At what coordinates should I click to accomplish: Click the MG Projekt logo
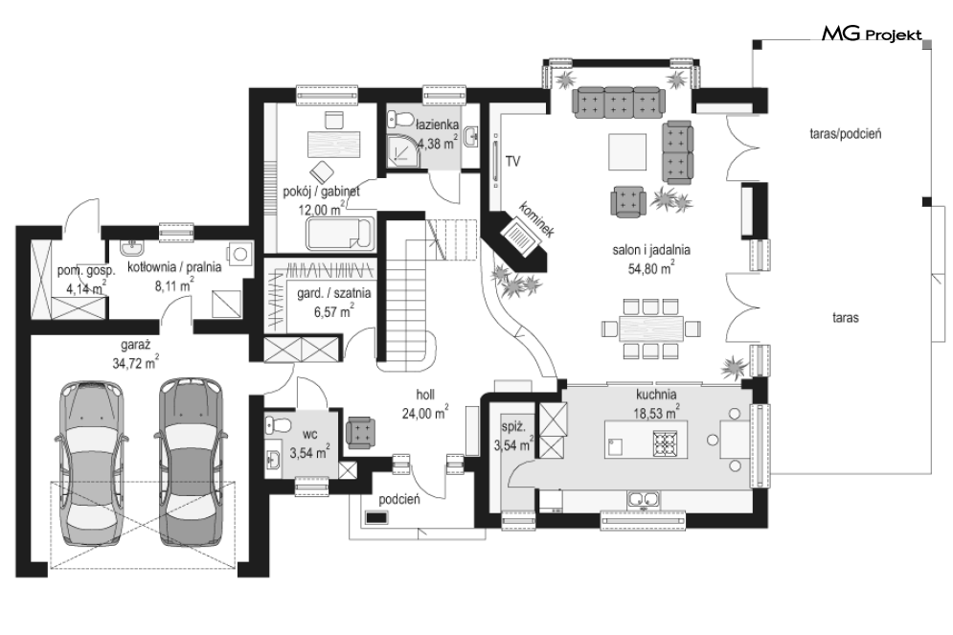[872, 34]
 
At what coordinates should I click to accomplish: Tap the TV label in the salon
[513, 162]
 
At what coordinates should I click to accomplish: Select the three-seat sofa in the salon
[618, 101]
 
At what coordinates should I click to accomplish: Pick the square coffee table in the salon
[628, 152]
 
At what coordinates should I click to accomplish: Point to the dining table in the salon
[651, 329]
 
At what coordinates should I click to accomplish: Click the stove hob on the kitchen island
[665, 443]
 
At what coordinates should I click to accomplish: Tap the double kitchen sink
[643, 500]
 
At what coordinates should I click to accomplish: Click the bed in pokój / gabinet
[340, 234]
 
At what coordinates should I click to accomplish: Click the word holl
[425, 395]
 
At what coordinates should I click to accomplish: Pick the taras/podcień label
[846, 134]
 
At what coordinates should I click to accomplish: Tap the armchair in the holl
[361, 433]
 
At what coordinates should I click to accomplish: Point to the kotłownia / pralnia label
[174, 267]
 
